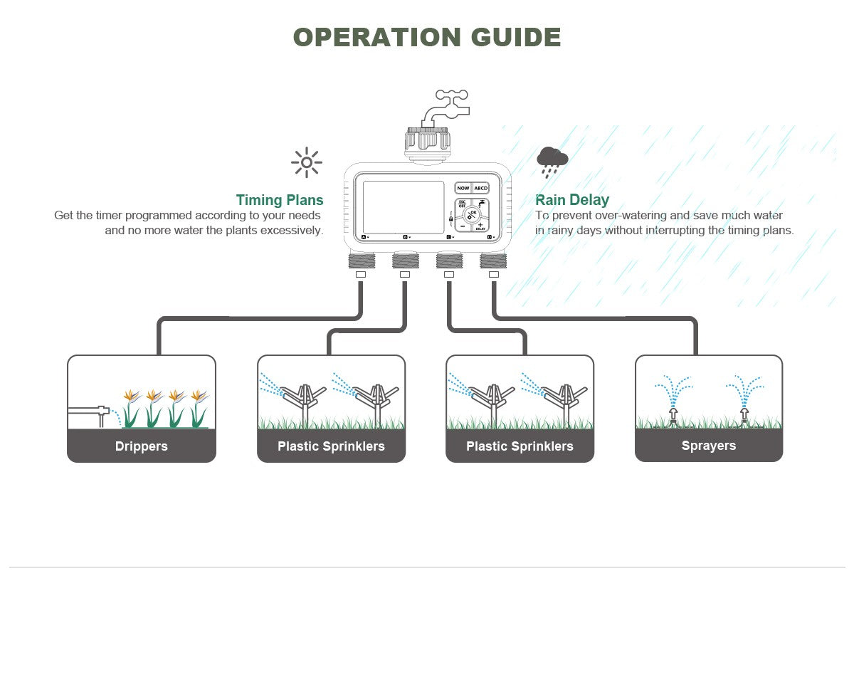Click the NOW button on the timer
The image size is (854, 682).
(463, 188)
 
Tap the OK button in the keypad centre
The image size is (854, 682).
(473, 214)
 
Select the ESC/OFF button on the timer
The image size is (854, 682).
(463, 204)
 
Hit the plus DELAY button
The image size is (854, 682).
(481, 226)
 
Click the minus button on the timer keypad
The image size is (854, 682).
(462, 226)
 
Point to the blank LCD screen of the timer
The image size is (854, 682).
(404, 211)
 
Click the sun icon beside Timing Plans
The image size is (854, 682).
(307, 162)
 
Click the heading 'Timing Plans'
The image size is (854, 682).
(280, 200)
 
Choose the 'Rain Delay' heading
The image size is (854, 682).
(572, 200)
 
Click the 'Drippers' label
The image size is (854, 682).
(142, 446)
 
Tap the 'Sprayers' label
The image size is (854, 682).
(709, 446)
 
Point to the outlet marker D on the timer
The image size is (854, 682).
(490, 236)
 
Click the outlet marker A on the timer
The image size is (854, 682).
(364, 236)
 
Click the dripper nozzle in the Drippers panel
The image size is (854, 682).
(102, 412)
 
